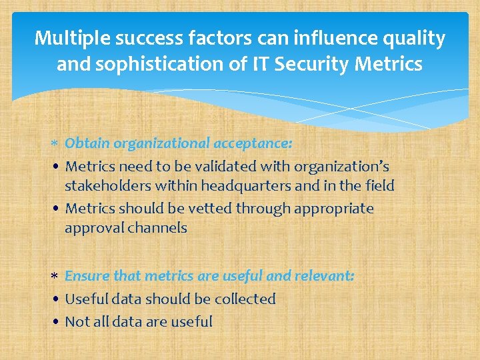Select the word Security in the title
pyautogui.click(x=317, y=64)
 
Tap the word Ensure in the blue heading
pyautogui.click(x=87, y=276)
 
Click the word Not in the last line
pyautogui.click(x=77, y=322)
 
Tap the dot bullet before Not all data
pyautogui.click(x=57, y=323)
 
